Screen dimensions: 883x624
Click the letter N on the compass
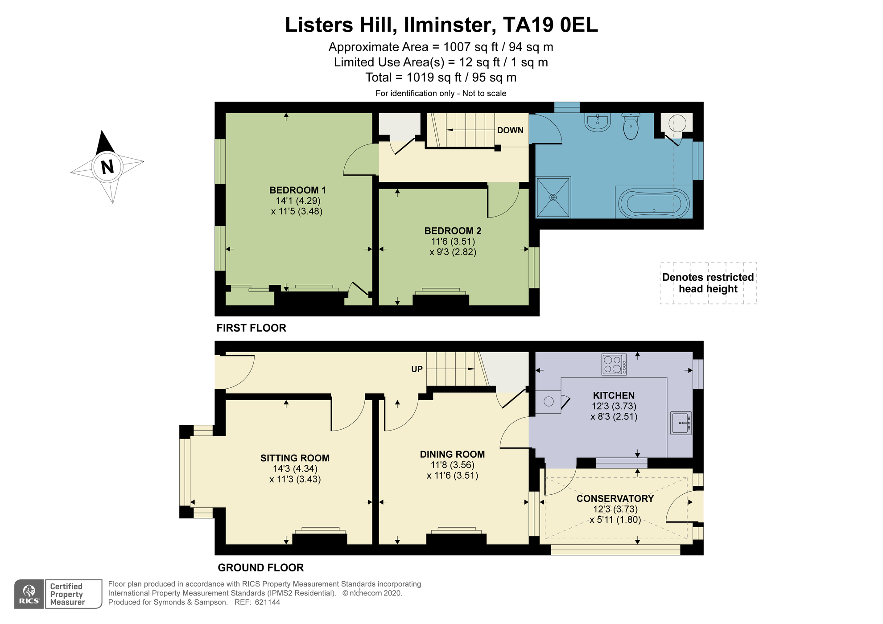click(107, 167)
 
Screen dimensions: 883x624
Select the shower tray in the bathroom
click(553, 197)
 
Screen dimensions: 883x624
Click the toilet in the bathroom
click(631, 126)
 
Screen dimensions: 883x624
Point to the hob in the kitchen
click(614, 364)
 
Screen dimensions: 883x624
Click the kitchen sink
click(681, 423)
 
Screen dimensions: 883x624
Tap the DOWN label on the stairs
click(510, 130)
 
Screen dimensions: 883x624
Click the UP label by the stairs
click(417, 369)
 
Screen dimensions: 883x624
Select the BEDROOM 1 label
click(298, 190)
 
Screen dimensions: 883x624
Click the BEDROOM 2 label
click(453, 231)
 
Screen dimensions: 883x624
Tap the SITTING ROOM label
click(295, 458)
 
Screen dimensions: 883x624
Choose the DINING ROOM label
click(452, 454)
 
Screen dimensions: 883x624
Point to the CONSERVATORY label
click(615, 498)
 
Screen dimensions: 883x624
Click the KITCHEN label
click(614, 395)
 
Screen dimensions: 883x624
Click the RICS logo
click(29, 594)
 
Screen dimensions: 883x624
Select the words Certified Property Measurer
click(67, 594)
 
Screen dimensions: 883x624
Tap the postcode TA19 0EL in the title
click(550, 25)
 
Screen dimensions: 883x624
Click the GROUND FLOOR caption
click(261, 567)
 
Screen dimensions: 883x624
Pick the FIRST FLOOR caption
click(252, 328)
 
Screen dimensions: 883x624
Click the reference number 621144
click(267, 602)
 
